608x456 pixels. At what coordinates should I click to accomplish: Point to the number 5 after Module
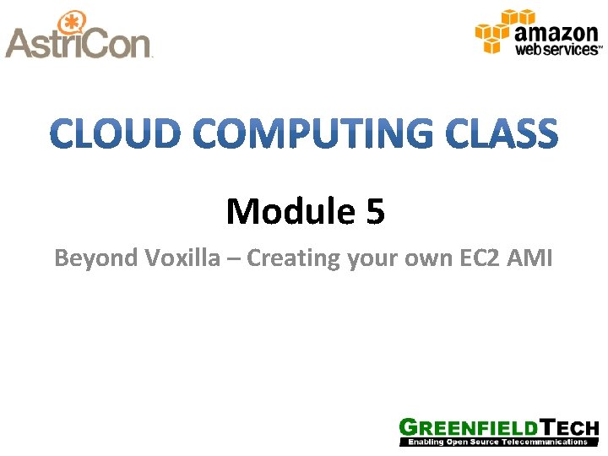(x=375, y=212)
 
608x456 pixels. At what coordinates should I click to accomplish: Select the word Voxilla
(x=188, y=258)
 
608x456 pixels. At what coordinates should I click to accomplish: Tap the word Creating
(x=293, y=258)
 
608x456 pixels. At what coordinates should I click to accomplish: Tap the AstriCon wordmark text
(x=78, y=44)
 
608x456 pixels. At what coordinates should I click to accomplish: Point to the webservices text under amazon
(x=558, y=51)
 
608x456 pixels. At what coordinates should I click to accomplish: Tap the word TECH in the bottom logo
(x=567, y=428)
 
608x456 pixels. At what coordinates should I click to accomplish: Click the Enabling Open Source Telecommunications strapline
(x=498, y=442)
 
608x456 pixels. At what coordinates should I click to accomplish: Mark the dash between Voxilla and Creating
(x=235, y=258)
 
